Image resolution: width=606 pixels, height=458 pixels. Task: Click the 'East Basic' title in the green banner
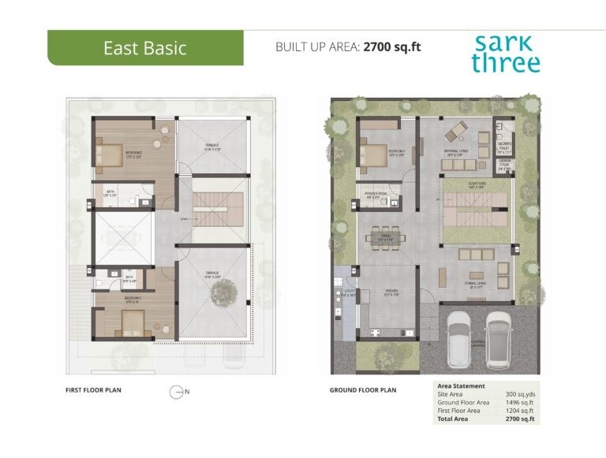tap(145, 48)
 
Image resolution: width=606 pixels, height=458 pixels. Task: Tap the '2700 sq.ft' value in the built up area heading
tap(391, 47)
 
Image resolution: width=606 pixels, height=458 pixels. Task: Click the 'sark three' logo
tap(506, 54)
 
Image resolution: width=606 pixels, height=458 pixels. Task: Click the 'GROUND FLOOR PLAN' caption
tap(363, 389)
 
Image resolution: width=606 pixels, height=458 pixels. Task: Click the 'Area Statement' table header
tap(462, 385)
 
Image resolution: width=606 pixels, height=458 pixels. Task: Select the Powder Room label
tap(374, 193)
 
